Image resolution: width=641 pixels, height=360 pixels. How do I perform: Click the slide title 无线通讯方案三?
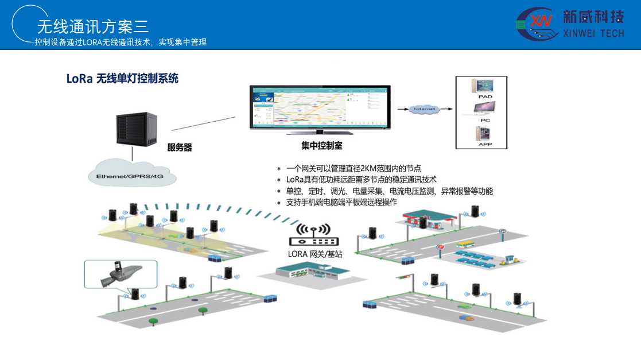pyautogui.click(x=92, y=26)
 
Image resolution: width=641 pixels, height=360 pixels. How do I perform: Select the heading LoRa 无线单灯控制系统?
pyautogui.click(x=122, y=79)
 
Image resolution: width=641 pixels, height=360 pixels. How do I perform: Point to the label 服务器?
pyautogui.click(x=180, y=148)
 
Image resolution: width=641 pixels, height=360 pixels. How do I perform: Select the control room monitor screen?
pyautogui.click(x=320, y=107)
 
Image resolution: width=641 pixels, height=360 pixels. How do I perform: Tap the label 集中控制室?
pyautogui.click(x=322, y=146)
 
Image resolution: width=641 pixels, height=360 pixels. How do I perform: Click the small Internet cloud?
pyautogui.click(x=426, y=109)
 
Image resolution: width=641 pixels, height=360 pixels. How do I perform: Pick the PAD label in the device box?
pyautogui.click(x=485, y=97)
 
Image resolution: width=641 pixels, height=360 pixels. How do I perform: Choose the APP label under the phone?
pyautogui.click(x=485, y=145)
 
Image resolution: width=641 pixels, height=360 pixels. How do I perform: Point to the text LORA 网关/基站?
pyautogui.click(x=315, y=254)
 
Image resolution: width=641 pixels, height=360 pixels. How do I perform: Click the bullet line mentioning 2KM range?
pyautogui.click(x=353, y=168)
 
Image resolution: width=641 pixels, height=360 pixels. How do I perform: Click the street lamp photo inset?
pyautogui.click(x=120, y=274)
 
